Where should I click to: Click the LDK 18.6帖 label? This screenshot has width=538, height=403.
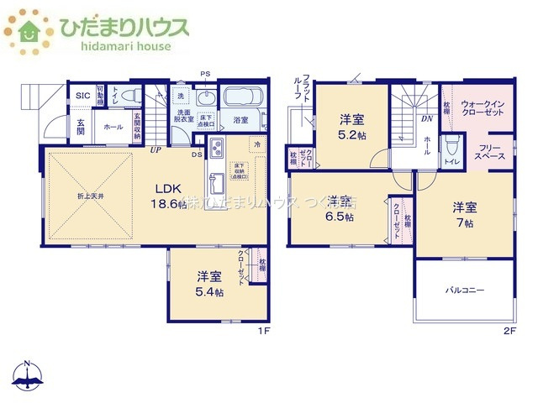[168, 196]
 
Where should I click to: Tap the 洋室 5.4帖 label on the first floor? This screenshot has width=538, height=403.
[210, 284]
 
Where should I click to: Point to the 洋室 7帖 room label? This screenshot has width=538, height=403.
[465, 214]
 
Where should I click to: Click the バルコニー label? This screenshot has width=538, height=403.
[465, 290]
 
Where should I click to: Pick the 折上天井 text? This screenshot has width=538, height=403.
[84, 196]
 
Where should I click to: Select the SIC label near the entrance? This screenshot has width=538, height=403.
[82, 96]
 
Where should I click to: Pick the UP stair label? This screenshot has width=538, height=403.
[156, 150]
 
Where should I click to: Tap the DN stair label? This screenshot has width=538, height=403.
[426, 118]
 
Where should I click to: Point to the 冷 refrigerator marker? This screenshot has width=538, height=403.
[257, 144]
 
